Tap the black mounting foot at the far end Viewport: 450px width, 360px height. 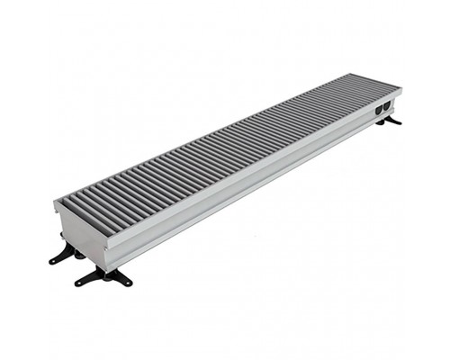(390, 121)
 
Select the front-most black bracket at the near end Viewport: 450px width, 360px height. (104, 276)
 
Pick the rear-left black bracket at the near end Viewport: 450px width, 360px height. (65, 254)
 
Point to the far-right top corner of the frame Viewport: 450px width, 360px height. (401, 88)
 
